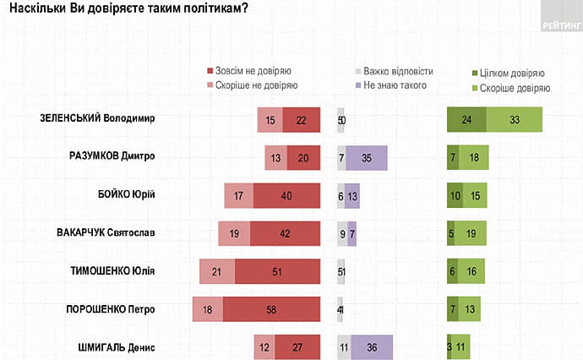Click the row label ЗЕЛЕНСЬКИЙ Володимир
point(104,119)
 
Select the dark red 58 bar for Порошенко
point(272,308)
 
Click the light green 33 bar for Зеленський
point(514,119)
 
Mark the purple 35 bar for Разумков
point(367,157)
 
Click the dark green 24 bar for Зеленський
point(466,119)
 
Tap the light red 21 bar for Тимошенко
point(217,270)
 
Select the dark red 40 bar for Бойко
point(286,195)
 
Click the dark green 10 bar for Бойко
point(455,195)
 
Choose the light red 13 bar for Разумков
point(276,157)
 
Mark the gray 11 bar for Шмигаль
point(343,346)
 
